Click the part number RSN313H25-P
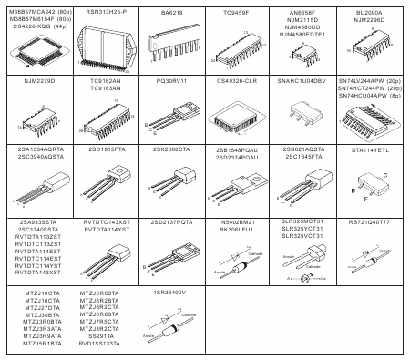[x=107, y=12]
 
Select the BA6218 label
[x=170, y=12]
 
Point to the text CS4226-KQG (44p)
[x=39, y=26]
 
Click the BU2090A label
[x=369, y=12]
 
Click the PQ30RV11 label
[x=170, y=82]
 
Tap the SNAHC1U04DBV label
[x=302, y=82]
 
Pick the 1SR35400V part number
[x=170, y=292]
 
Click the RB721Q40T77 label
[x=369, y=221]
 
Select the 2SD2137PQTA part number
[x=170, y=221]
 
